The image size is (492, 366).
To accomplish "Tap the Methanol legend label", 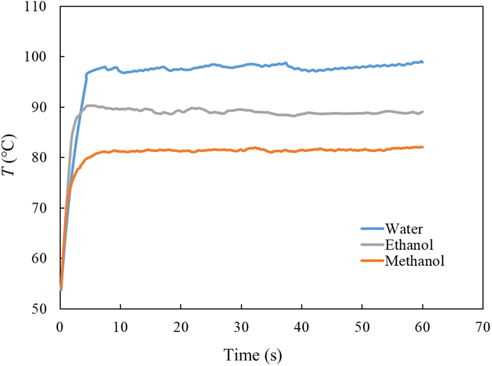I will pos(414,260).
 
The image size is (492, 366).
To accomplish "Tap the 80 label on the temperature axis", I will pos(40,158).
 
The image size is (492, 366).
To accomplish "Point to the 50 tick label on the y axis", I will pos(40,309).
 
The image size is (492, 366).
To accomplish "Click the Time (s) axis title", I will pos(252,354).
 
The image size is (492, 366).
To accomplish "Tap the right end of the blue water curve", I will pos(422,62).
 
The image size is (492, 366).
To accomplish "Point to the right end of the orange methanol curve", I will pos(422,147).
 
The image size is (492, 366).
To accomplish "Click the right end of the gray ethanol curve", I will pos(422,112).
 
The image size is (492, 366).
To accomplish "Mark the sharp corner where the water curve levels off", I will pos(86,74).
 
